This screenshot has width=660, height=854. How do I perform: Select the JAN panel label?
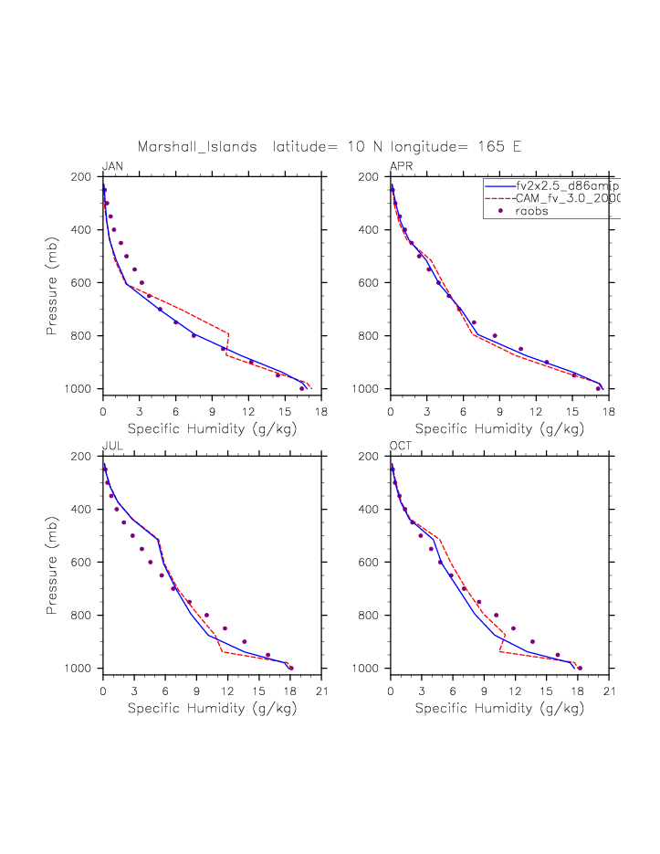pyautogui.click(x=113, y=166)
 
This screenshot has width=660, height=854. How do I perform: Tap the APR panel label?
pyautogui.click(x=401, y=166)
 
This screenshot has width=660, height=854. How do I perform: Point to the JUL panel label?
pyautogui.click(x=112, y=446)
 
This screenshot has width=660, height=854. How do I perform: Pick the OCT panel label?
pyautogui.click(x=401, y=446)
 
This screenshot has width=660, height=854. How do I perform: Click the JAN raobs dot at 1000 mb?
pyautogui.click(x=302, y=388)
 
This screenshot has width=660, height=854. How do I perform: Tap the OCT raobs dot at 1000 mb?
pyautogui.click(x=580, y=668)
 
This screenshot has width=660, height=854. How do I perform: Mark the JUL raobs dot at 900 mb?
pyautogui.click(x=244, y=641)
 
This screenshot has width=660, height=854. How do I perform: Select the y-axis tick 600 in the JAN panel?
pyautogui.click(x=87, y=282)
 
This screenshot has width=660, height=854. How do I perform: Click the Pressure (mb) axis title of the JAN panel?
pyautogui.click(x=53, y=282)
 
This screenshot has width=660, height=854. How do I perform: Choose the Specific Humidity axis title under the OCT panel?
pyautogui.click(x=499, y=708)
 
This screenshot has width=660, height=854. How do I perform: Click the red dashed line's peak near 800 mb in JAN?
pyautogui.click(x=228, y=333)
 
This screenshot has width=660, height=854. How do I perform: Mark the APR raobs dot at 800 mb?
pyautogui.click(x=495, y=335)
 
